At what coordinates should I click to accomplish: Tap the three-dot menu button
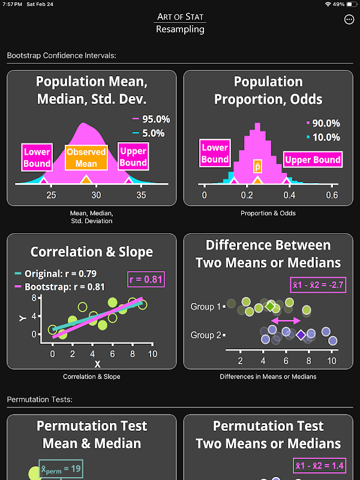click(349, 20)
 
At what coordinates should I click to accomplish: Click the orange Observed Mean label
click(86, 158)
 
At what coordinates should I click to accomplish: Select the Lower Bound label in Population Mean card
click(37, 157)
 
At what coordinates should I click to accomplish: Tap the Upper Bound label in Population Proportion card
click(313, 160)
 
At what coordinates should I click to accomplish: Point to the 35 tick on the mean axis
click(141, 194)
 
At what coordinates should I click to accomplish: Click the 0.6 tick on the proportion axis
click(332, 195)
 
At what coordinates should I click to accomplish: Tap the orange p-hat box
click(257, 166)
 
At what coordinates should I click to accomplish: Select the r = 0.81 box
click(146, 278)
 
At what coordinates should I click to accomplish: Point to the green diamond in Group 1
click(271, 307)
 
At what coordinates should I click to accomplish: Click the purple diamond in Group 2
click(301, 335)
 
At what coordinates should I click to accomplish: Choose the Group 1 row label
click(206, 307)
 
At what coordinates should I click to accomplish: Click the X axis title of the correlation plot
click(97, 364)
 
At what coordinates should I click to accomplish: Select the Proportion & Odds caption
click(268, 213)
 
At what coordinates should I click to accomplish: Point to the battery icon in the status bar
click(351, 4)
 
